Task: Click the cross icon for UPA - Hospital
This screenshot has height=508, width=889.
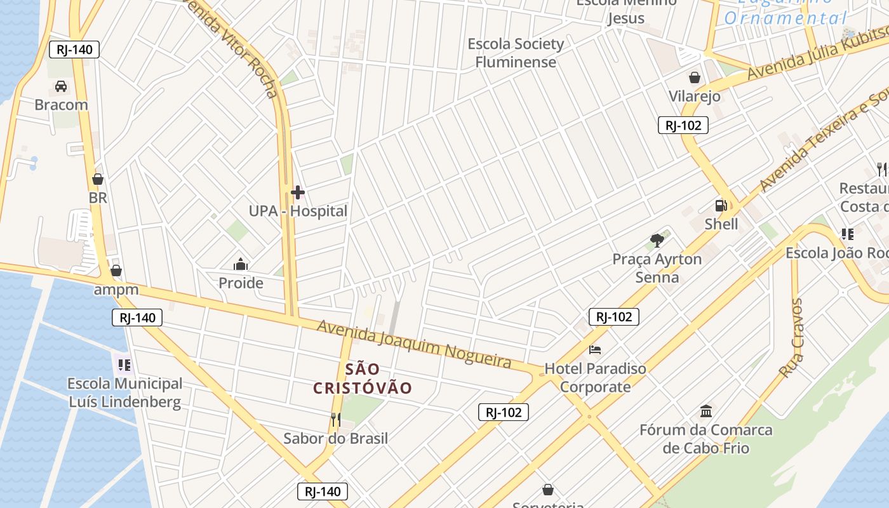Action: coord(297,192)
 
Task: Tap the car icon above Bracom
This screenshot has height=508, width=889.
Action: coord(61,86)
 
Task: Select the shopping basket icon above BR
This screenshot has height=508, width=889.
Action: coord(98,179)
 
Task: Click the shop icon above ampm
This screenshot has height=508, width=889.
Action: coord(116,271)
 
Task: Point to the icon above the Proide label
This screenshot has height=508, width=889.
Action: coord(241,264)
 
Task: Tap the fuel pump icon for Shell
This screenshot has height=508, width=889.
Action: coord(721,206)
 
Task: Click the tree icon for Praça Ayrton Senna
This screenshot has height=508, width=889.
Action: coord(657,241)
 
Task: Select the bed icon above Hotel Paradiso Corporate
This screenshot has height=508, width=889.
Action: coord(595,350)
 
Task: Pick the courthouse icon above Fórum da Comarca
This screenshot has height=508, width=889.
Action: coord(705,411)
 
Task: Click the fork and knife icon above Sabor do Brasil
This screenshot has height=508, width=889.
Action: coord(335,419)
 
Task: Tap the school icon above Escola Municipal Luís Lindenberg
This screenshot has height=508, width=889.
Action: coord(124,365)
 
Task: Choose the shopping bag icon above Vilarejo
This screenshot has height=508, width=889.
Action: coord(695,77)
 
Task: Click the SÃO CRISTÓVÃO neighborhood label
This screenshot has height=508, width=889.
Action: coord(363,378)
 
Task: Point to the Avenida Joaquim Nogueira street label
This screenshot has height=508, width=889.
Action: coord(414,344)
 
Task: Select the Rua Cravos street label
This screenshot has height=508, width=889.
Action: coord(792,338)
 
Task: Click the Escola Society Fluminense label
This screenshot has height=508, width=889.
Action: coord(516,53)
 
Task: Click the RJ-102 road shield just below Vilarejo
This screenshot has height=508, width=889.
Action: coord(683,125)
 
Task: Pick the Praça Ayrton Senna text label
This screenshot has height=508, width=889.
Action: coord(657,268)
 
